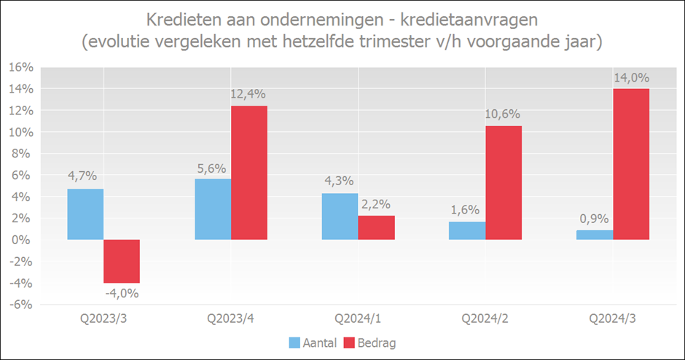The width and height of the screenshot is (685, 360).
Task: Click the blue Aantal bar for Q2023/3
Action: (85, 214)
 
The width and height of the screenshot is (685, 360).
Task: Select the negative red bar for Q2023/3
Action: (122, 261)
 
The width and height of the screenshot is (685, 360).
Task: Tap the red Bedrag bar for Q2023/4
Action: (249, 173)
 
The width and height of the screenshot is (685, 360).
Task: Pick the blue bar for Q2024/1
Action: (340, 216)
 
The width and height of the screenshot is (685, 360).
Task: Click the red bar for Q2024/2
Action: (504, 182)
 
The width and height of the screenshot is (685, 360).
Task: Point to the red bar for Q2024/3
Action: (631, 164)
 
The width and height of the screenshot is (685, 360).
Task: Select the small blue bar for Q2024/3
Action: (595, 235)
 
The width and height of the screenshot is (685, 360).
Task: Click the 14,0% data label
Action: (631, 78)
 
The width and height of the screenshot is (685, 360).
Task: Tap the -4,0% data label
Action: (121, 294)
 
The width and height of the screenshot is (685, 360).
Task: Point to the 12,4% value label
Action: (249, 94)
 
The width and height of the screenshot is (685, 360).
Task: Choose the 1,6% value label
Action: (467, 211)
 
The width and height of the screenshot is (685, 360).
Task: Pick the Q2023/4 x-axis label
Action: (230, 318)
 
